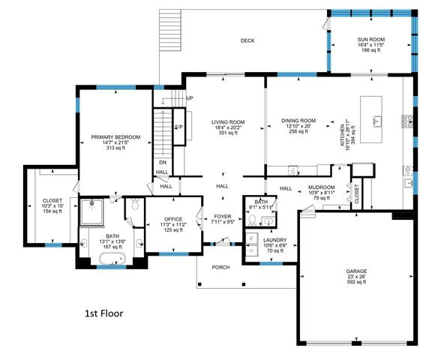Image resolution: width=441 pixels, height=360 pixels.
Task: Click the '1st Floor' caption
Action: [x=103, y=312]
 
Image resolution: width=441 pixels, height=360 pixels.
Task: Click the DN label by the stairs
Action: [x=162, y=162]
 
